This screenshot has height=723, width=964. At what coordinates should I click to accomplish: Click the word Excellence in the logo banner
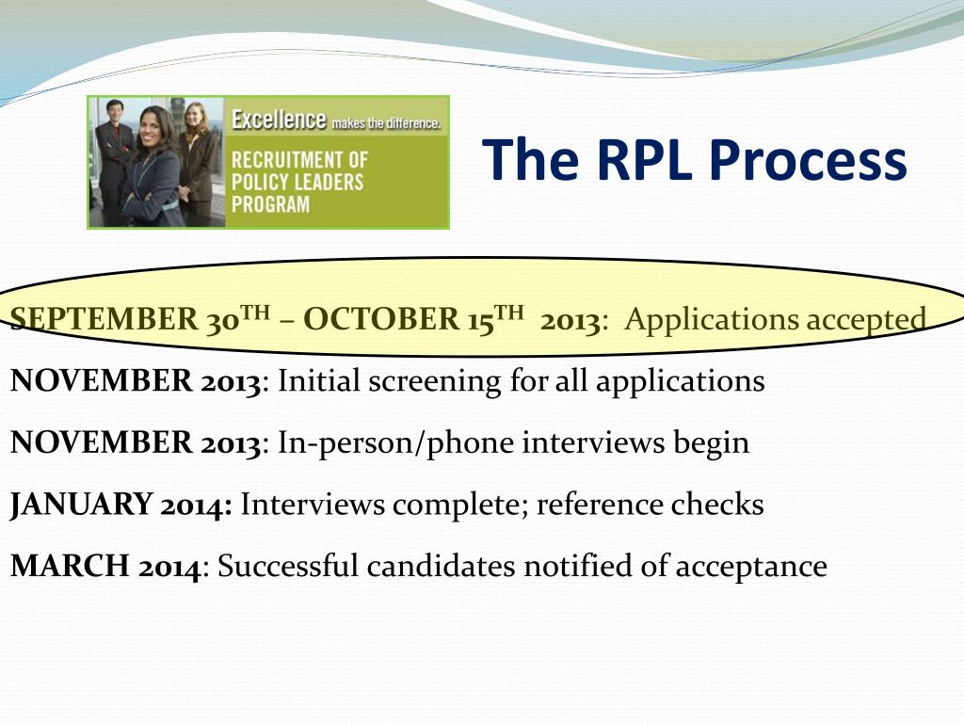coord(279,120)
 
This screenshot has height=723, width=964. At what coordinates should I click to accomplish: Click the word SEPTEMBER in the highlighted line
coord(103,320)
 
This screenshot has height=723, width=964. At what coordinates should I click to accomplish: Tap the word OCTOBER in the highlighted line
coord(379,320)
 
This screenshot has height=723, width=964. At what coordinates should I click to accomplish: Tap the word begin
coord(710,443)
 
